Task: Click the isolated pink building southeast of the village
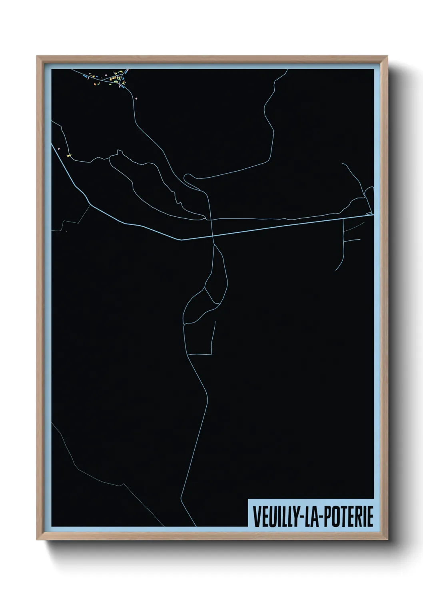click(x=136, y=97)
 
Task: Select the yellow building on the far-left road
click(x=68, y=155)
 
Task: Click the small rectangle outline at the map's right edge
click(x=369, y=214)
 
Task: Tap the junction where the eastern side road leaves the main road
click(x=343, y=219)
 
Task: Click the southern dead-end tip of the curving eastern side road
click(x=336, y=270)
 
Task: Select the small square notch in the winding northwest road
click(x=119, y=152)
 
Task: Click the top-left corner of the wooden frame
click(x=37, y=56)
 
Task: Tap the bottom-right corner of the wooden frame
click(x=387, y=540)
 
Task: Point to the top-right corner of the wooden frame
click(x=387, y=56)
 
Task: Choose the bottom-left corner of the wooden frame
click(x=37, y=540)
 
